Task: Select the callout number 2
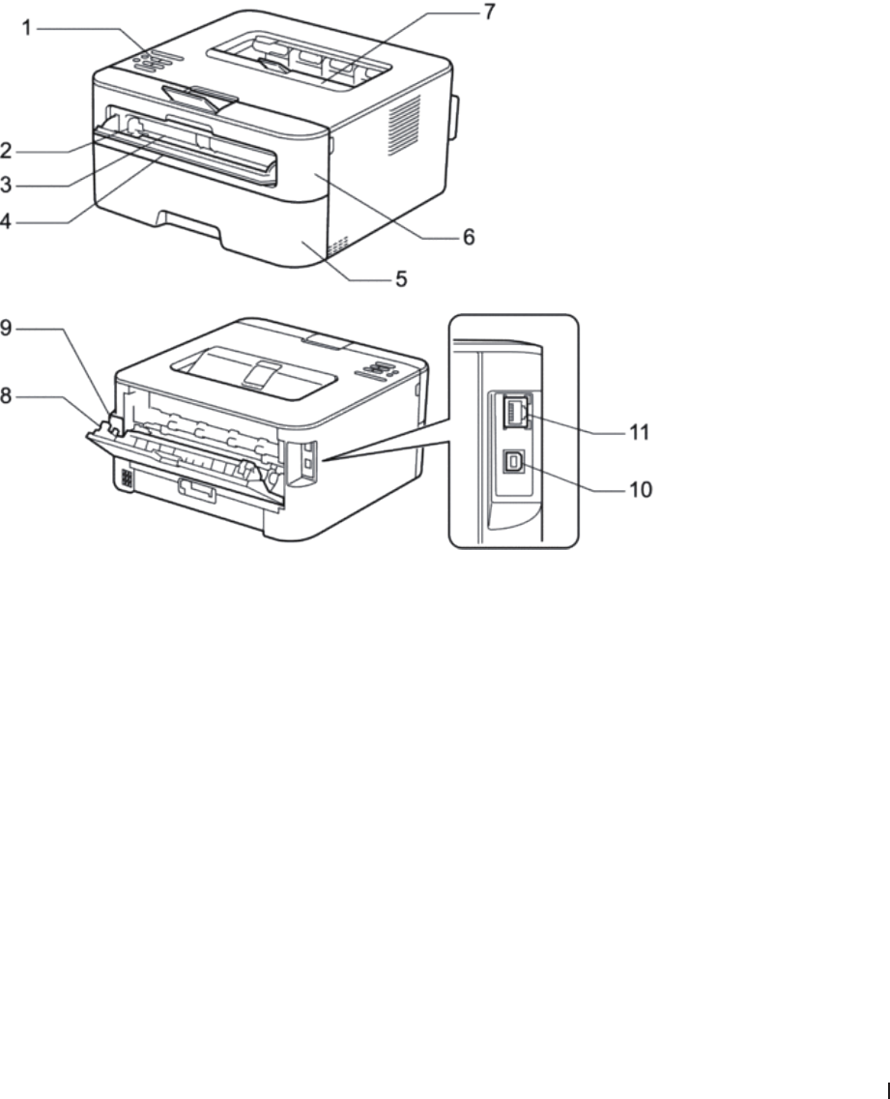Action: click(x=7, y=151)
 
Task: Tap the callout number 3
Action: click(x=7, y=185)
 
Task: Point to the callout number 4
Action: click(x=7, y=221)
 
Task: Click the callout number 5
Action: click(x=400, y=280)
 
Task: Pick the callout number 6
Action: click(x=469, y=237)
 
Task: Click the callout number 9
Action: click(x=7, y=330)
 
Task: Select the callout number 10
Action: click(x=641, y=491)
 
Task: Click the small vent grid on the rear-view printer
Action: click(x=125, y=477)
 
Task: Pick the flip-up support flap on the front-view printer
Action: click(x=201, y=96)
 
